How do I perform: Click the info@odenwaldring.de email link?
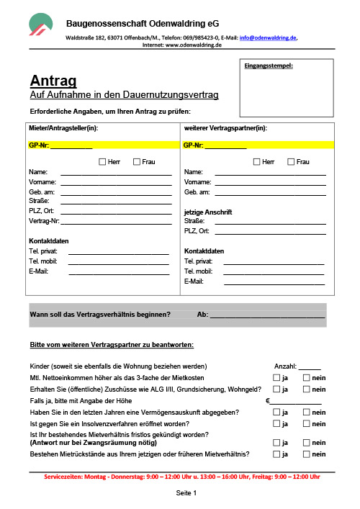point(268,37)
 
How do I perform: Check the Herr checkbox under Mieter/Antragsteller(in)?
point(102,162)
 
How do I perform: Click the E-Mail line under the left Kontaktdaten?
point(118,271)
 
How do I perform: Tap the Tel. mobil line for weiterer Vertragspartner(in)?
point(274,271)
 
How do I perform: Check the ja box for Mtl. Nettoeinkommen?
point(276,377)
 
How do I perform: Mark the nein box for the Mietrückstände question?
point(307,454)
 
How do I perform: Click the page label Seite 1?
point(186,493)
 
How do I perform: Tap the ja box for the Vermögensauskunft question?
point(276,412)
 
